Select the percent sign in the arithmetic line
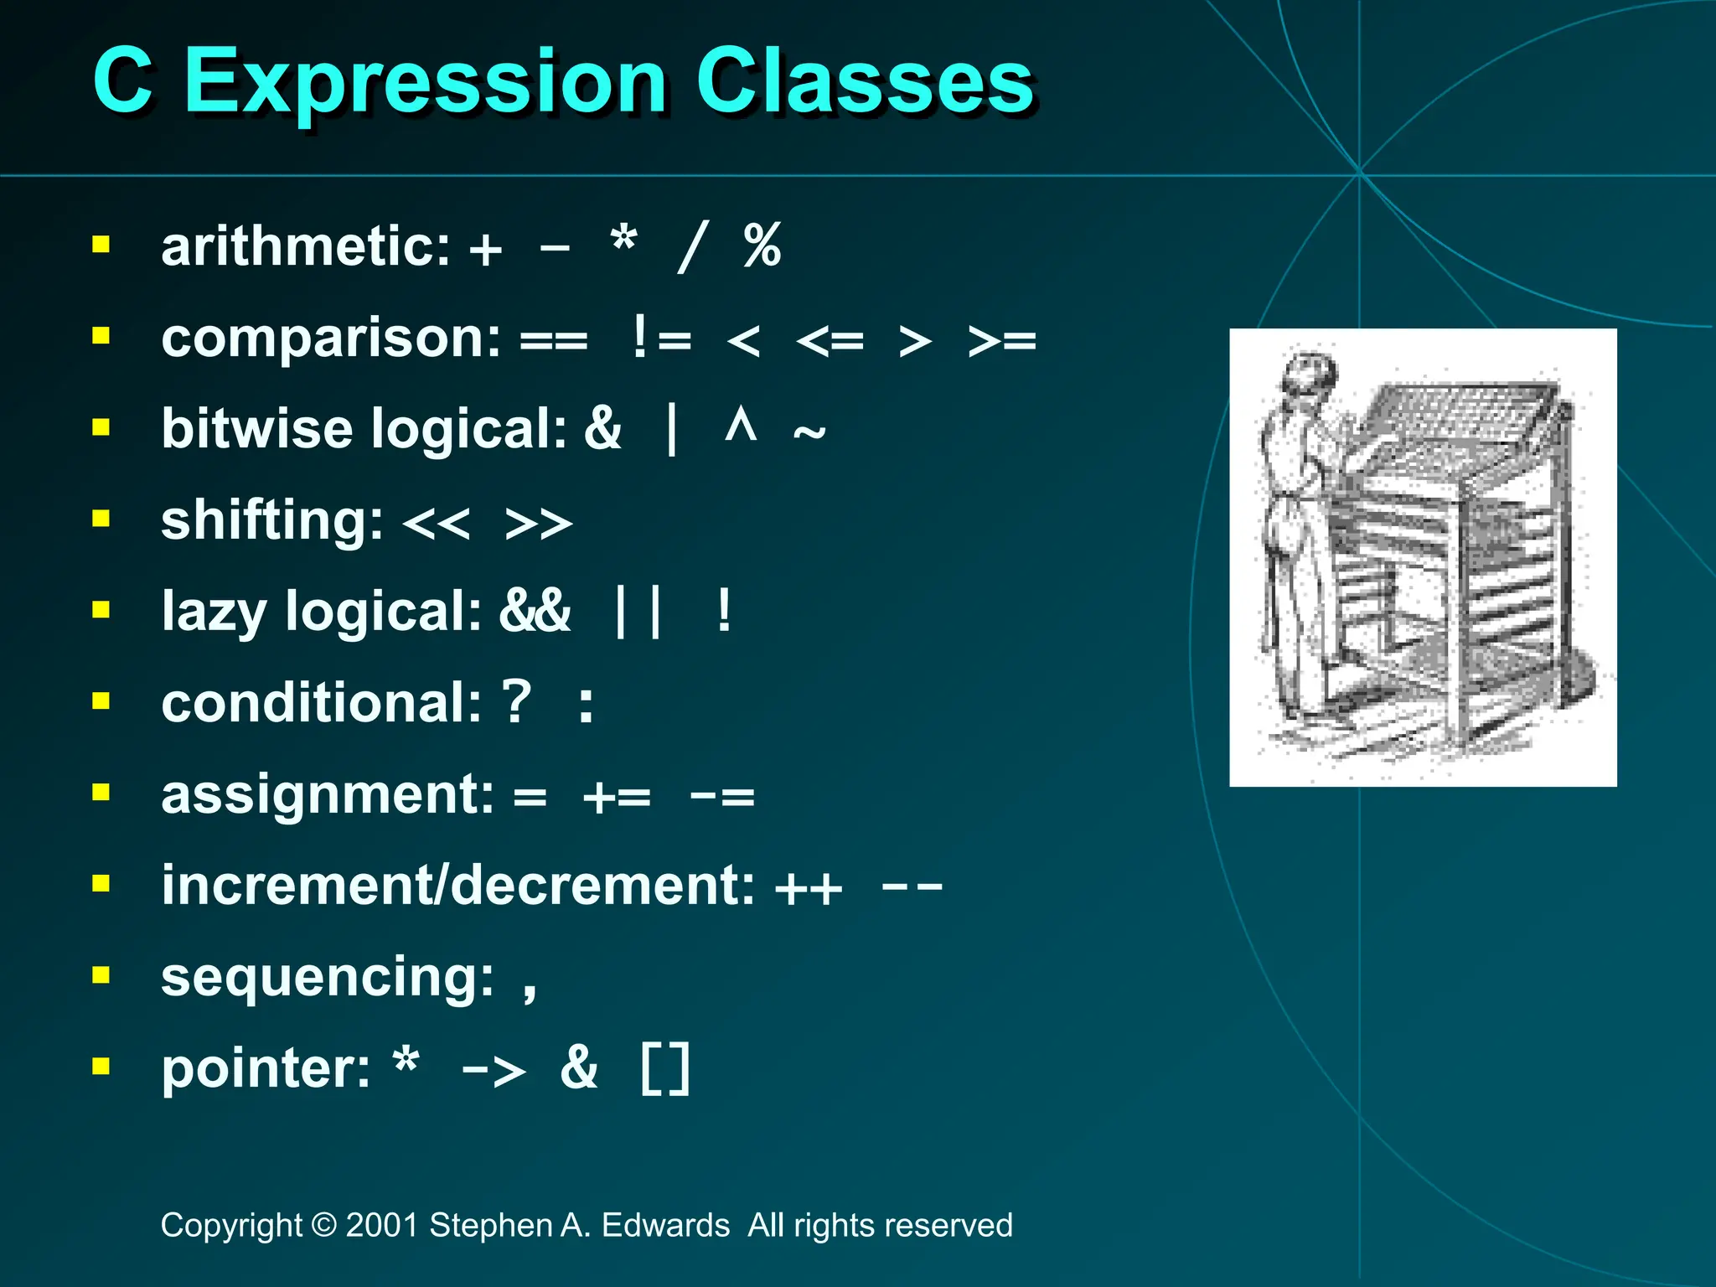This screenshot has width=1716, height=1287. pos(762,246)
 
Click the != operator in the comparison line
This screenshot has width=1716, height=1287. pos(662,339)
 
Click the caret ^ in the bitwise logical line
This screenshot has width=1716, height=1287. pos(741,426)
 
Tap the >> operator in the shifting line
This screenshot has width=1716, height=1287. pos(539,524)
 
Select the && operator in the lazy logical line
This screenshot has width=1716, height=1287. pos(535,611)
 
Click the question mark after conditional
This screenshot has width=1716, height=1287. pos(516,702)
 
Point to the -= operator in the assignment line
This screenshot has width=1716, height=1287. pos(721,795)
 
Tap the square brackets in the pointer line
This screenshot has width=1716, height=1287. pos(665,1069)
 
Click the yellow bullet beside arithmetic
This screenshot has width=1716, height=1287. pos(101,245)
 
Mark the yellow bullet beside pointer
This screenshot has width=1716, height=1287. pos(101,1066)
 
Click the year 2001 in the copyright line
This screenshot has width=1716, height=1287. pos(381,1225)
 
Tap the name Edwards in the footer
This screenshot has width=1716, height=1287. pos(665,1225)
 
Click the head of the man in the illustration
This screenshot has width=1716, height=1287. pos(1310,376)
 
